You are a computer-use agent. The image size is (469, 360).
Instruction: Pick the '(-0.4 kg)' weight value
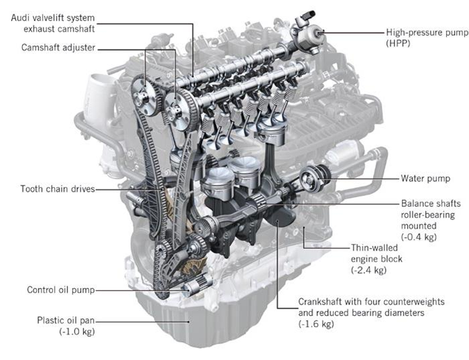click(x=419, y=237)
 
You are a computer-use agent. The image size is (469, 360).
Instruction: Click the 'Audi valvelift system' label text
click(x=54, y=17)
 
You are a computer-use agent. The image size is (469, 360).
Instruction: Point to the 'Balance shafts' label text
click(x=427, y=202)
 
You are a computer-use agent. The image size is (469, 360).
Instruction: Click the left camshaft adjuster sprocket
click(x=143, y=97)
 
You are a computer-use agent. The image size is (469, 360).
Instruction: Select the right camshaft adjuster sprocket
click(x=177, y=105)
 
